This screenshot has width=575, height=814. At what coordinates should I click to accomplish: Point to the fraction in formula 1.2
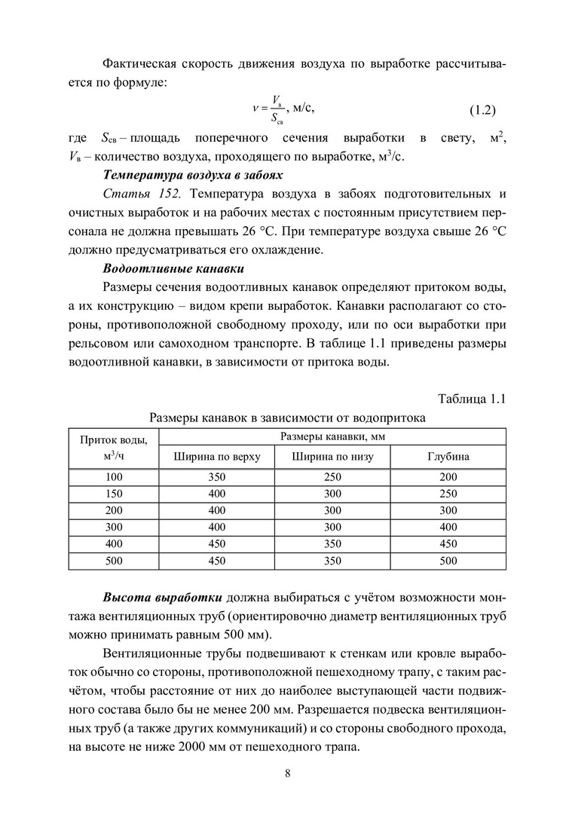click(x=278, y=110)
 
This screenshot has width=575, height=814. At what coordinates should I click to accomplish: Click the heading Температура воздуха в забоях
click(x=193, y=176)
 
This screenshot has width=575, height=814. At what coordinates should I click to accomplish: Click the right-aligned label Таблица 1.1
click(x=471, y=398)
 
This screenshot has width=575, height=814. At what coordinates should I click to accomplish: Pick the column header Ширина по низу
click(x=332, y=456)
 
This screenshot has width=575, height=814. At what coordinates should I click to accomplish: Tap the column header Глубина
click(x=448, y=456)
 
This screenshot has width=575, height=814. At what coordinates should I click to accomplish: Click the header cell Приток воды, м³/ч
click(x=114, y=448)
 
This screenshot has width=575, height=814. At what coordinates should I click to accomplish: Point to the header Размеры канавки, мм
click(x=332, y=436)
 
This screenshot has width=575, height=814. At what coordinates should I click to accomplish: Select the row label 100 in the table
click(x=114, y=477)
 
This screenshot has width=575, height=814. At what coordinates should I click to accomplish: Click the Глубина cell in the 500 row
click(x=448, y=560)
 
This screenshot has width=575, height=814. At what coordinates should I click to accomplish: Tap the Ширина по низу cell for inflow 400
click(x=332, y=543)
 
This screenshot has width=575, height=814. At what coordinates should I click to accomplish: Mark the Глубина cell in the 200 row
click(x=448, y=510)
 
